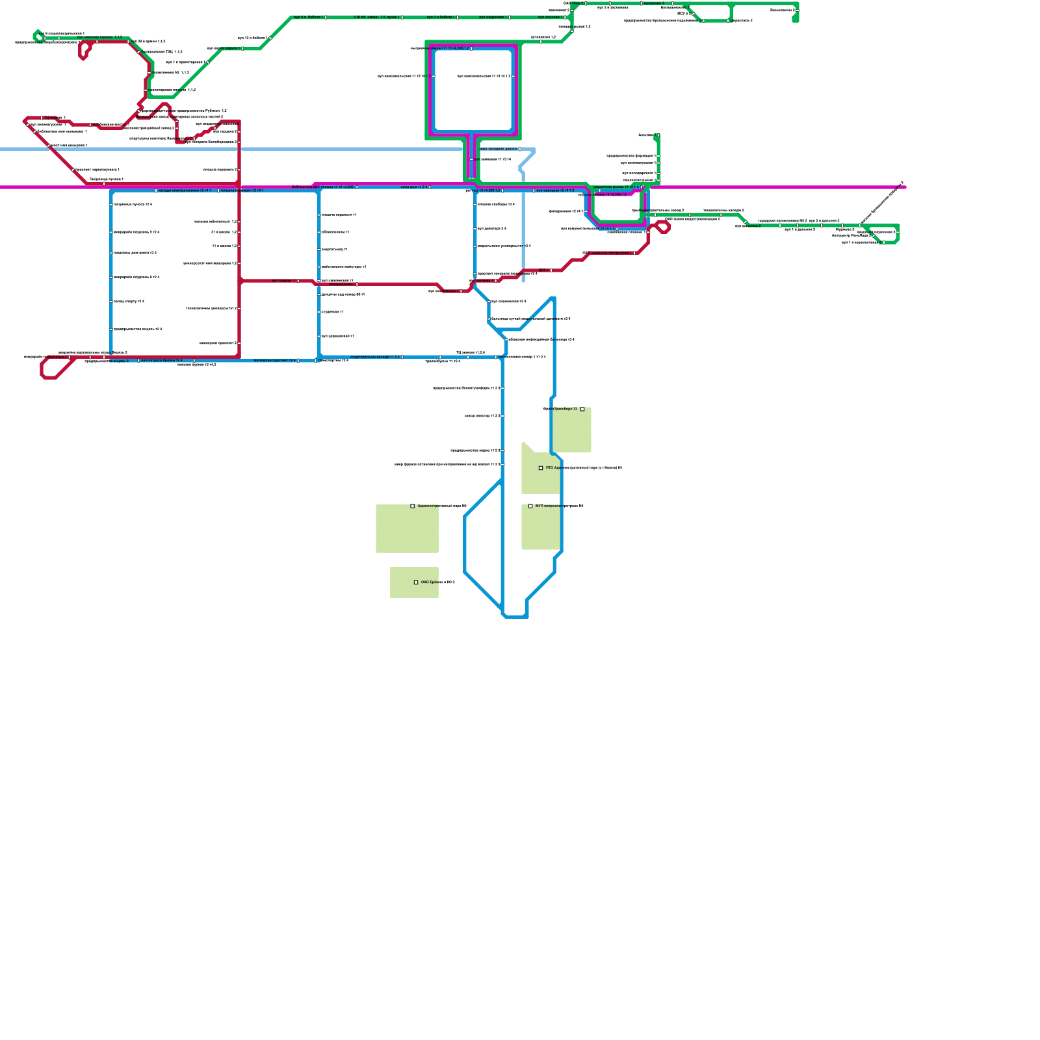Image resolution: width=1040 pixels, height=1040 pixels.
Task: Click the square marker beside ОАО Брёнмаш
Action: pyautogui.click(x=416, y=582)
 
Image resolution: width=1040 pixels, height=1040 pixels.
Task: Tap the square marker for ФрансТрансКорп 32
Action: pyautogui.click(x=582, y=409)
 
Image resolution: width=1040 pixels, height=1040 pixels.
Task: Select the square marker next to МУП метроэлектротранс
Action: pyautogui.click(x=530, y=506)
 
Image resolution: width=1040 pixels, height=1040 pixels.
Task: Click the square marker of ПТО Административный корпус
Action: pyautogui.click(x=541, y=468)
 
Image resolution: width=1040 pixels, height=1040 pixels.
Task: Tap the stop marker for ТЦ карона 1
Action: pyautogui.click(x=42, y=118)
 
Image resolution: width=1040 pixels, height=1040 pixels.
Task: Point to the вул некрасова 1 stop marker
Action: pyautogui.click(x=509, y=17)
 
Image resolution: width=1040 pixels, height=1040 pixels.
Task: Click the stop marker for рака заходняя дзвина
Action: pyautogui.click(x=520, y=149)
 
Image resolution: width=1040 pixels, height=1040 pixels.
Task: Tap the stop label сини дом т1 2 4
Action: pyautogui.click(x=413, y=187)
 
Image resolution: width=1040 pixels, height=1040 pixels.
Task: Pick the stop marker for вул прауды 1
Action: pyautogui.click(x=298, y=281)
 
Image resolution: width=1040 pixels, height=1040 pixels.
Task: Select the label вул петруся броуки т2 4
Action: pyautogui.click(x=162, y=360)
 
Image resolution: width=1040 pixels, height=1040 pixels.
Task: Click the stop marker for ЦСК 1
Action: pyautogui.click(x=550, y=270)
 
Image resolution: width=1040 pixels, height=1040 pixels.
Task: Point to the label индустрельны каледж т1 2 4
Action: pyautogui.click(x=375, y=357)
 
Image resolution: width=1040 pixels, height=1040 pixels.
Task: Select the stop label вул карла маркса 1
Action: pyautogui.click(x=223, y=48)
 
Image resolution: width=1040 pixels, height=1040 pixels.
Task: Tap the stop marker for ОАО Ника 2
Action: pyautogui.click(x=585, y=3)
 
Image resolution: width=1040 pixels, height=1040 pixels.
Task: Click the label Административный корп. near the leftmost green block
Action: pyautogui.click(x=442, y=506)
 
